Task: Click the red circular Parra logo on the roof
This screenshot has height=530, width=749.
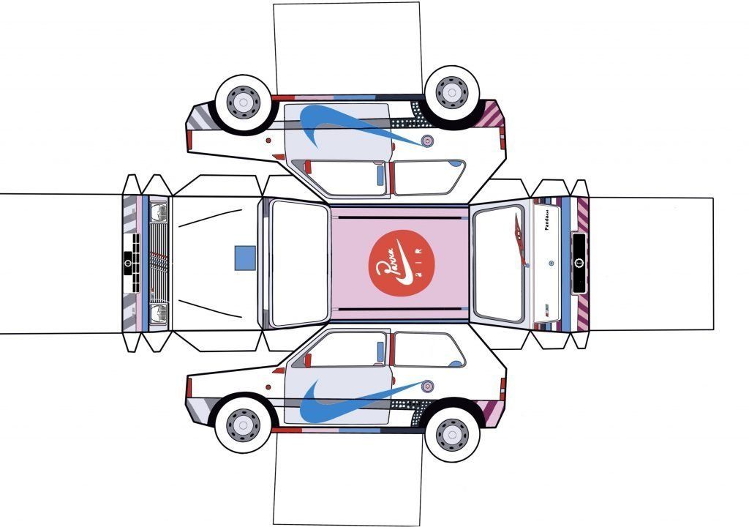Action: (399, 265)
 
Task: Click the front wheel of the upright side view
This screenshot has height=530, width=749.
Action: (242, 425)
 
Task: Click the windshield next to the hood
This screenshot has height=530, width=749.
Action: (299, 264)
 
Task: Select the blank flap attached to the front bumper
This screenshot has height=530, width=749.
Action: (59, 264)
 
